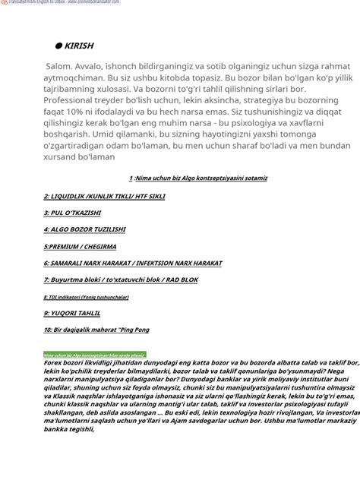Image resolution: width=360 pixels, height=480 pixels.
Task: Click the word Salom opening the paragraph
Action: coord(60,68)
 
